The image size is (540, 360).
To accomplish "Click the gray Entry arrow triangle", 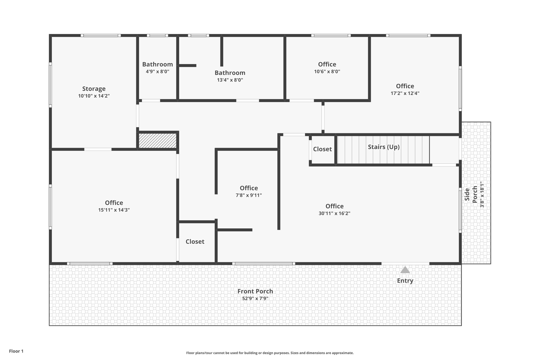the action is point(405,270).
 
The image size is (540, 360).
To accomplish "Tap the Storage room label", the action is point(94,89).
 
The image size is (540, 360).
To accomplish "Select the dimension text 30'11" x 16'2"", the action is point(334,213).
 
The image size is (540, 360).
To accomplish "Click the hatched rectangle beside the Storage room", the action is point(158,141).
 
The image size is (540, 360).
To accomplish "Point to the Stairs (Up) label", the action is point(384,147).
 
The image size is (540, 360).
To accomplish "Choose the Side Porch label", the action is point(471,194).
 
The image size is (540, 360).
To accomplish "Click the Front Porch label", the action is point(255,291).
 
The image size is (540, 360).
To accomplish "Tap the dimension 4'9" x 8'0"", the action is point(157,71).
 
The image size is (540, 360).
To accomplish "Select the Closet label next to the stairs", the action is point(322,149).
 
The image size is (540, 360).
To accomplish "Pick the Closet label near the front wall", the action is point(195,242).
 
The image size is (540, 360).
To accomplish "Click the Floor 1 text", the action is point(16,351).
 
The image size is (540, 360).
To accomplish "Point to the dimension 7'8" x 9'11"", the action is point(249,195).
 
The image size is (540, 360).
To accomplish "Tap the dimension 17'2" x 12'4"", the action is point(405,93).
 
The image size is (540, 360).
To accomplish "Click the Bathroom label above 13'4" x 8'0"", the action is point(230,73).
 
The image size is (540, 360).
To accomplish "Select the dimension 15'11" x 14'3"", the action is point(114,210).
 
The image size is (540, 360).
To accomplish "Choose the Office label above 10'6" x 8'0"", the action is point(327,64).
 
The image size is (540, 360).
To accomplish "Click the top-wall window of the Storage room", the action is point(101,35).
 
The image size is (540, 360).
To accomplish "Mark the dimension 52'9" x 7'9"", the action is point(255,299).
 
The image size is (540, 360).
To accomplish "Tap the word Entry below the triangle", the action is point(405,281).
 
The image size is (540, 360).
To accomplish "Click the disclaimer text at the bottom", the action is point(270,353).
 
